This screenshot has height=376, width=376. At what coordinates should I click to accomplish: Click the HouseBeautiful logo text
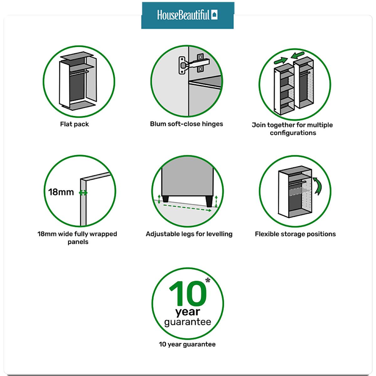point(183,15)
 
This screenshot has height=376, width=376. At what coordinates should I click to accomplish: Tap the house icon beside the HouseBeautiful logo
point(214,15)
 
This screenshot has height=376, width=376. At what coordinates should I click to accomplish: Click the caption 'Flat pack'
point(74,124)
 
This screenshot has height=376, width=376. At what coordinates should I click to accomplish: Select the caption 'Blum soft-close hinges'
point(186,124)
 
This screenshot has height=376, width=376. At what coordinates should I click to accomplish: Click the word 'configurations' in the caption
point(293,133)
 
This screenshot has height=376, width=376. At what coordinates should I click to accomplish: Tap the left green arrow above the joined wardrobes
point(280,61)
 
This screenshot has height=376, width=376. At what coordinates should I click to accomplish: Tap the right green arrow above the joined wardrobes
point(297,55)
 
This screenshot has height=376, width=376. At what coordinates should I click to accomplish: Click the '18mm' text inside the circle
point(61,192)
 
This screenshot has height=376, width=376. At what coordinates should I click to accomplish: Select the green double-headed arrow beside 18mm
point(83,193)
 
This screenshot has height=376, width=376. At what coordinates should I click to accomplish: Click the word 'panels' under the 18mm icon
point(78,242)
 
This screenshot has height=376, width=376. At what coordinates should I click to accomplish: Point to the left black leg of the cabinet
point(165,198)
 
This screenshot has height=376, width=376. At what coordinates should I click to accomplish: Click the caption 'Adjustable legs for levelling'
point(189,234)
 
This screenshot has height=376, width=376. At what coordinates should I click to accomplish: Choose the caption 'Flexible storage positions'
point(295,234)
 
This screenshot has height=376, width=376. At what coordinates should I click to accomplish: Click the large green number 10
point(188,294)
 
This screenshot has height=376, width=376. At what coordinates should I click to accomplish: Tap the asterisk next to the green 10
point(208,280)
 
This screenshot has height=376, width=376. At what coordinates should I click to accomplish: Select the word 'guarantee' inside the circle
point(187,322)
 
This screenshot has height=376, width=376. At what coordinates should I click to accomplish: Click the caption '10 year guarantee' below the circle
point(187,344)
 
